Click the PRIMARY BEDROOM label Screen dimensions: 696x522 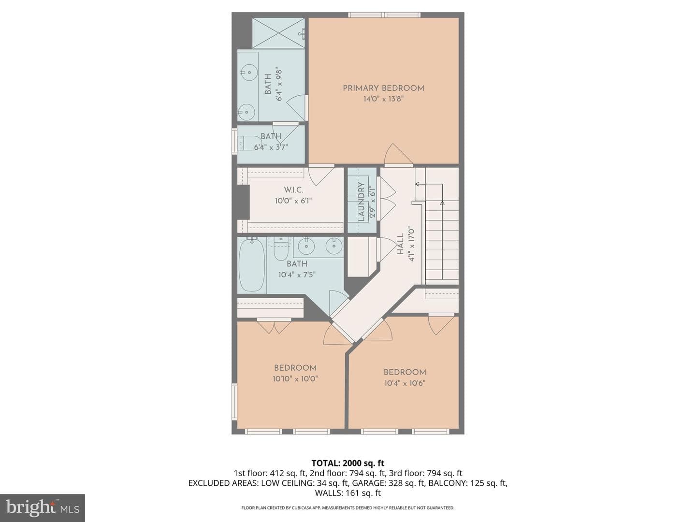coord(383,88)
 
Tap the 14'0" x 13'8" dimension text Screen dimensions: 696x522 coord(383,99)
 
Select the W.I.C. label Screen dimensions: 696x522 coord(293,190)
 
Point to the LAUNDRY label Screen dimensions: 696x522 coord(361,202)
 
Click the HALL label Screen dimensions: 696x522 coord(401,244)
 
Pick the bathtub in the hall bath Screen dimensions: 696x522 coord(252,265)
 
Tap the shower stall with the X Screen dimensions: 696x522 coord(278,33)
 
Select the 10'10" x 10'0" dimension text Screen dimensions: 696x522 coord(295,379)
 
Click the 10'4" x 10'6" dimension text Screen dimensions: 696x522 coord(405,383)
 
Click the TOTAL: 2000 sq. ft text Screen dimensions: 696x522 coord(348,464)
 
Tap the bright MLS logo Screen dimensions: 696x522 coord(43,508)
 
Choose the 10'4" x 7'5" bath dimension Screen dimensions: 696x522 coord(297,275)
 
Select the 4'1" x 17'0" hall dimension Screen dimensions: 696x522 coord(411,244)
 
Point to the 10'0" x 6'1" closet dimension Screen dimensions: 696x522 coord(293,201)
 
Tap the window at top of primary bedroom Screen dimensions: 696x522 coord(384,14)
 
